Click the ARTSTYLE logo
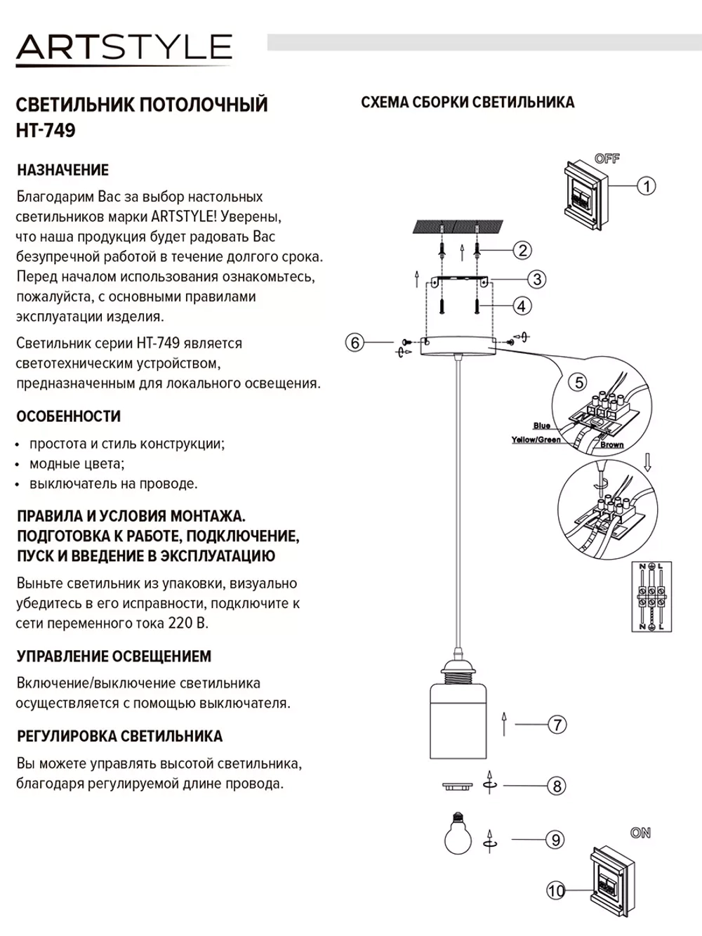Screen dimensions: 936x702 [124, 48]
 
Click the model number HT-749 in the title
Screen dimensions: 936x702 [46, 131]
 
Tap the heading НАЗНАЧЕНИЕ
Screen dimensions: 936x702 [62, 170]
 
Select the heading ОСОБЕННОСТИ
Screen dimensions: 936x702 [68, 416]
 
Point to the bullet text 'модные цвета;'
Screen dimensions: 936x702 [77, 463]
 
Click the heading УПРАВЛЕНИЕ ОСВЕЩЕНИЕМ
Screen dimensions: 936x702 [114, 657]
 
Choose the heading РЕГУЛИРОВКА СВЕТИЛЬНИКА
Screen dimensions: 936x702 [119, 737]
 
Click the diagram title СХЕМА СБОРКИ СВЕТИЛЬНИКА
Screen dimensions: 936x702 [468, 103]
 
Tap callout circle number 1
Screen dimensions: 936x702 [646, 186]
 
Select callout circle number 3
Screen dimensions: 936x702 [536, 279]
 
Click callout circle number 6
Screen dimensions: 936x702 [355, 343]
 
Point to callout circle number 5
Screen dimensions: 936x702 [579, 382]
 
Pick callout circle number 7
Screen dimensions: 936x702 [557, 724]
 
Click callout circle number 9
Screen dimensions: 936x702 [555, 839]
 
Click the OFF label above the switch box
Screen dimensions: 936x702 [607, 159]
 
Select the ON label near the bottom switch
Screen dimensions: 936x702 [640, 833]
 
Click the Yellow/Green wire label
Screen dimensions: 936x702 [536, 440]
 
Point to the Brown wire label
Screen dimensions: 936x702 [611, 444]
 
